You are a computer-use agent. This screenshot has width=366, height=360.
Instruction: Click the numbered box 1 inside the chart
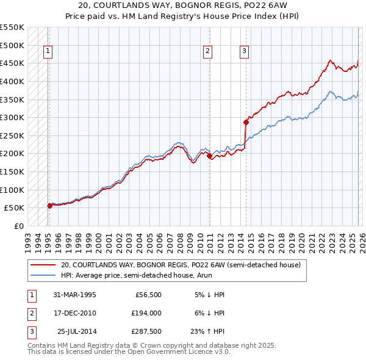coord(48,52)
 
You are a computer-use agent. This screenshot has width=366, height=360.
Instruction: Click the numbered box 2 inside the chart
coord(208,52)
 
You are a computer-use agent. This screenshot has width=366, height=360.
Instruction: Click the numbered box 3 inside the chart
coord(244,52)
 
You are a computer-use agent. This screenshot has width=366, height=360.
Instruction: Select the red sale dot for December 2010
coord(210,156)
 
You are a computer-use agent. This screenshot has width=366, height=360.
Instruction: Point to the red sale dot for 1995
coord(50,206)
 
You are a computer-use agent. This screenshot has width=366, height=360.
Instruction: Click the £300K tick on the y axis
coord(12,117)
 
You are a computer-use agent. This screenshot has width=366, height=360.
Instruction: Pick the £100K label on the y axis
coord(12,190)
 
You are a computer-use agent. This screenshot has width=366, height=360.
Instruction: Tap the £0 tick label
coord(19,226)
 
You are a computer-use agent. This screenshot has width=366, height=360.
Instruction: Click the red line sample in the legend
coord(43,265)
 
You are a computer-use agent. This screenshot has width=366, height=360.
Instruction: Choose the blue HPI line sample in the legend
coord(43,275)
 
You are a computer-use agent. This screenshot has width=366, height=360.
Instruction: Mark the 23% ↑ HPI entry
coord(209,331)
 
